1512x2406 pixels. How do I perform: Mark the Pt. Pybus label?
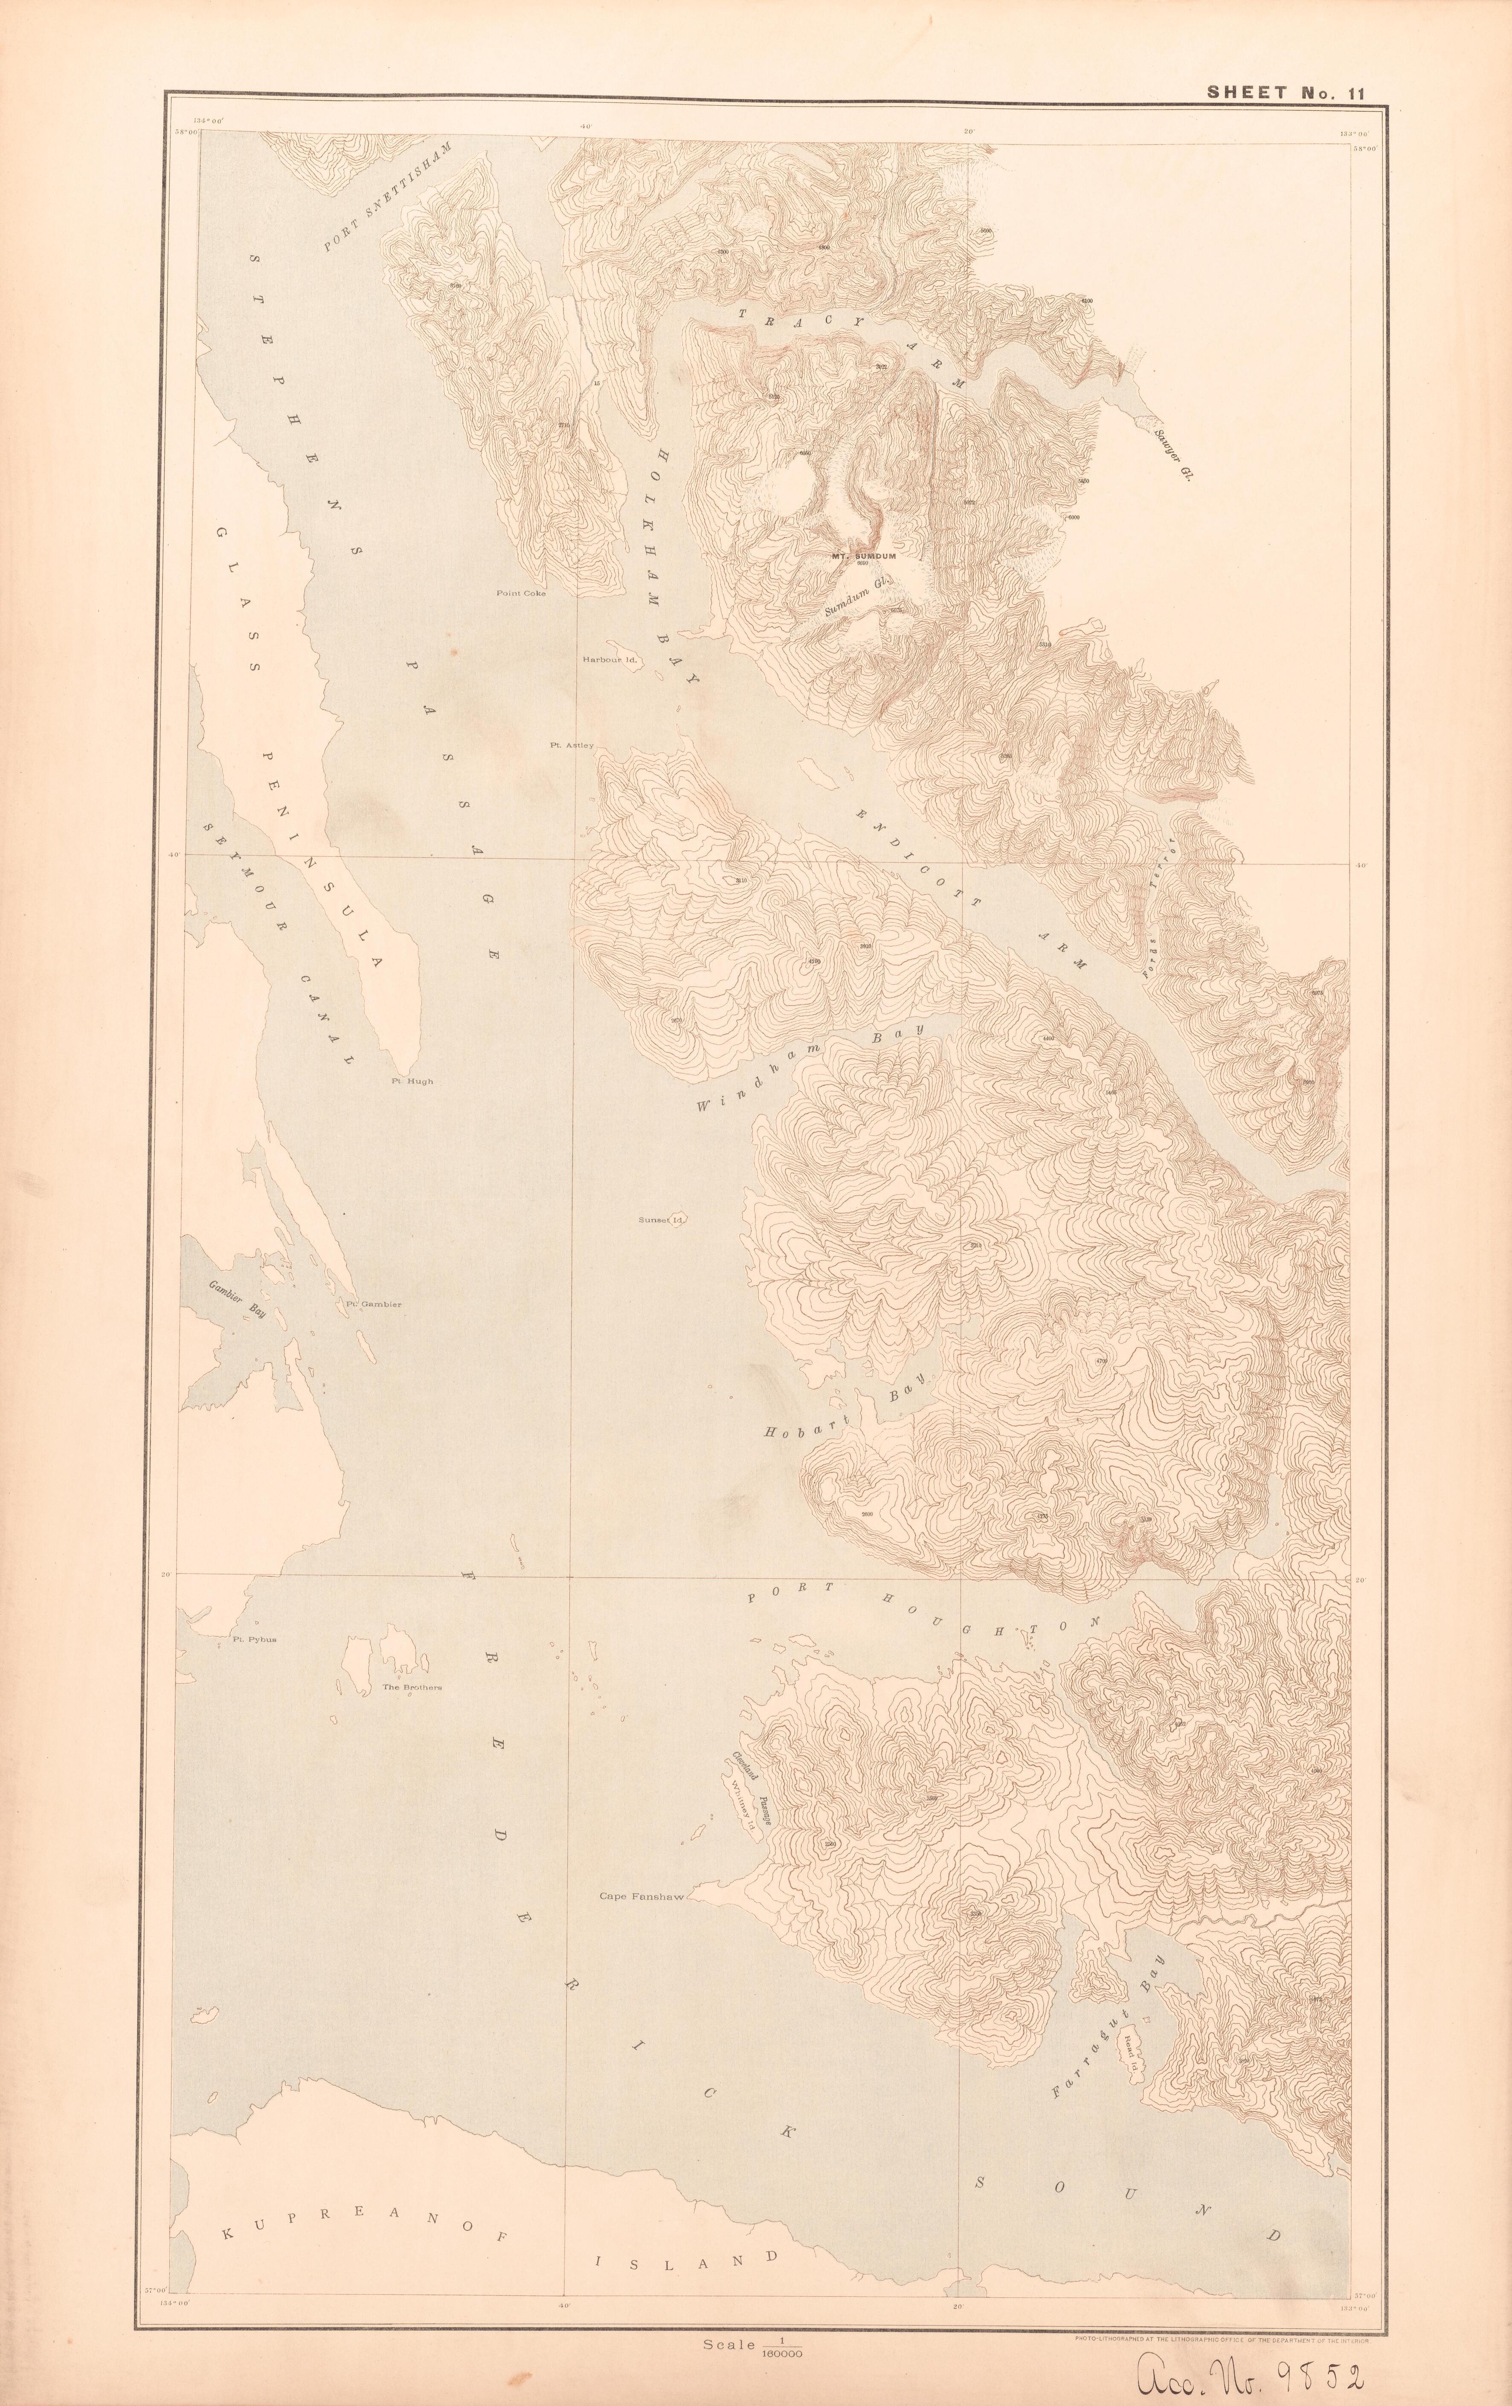tap(254, 1640)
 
